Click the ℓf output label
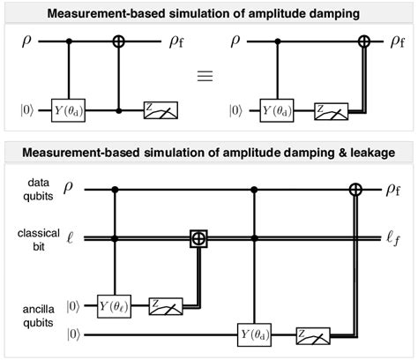392,236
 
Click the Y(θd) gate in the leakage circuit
255,335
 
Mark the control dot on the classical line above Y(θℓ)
116,236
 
